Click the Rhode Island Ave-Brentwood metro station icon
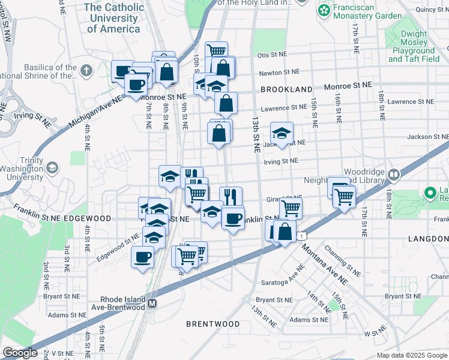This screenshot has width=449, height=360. click(x=152, y=303)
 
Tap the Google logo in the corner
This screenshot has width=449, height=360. click(x=20, y=353)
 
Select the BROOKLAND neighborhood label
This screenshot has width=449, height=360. click(x=286, y=89)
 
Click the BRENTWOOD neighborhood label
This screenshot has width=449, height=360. click(x=212, y=323)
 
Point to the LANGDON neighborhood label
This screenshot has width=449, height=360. click(x=428, y=239)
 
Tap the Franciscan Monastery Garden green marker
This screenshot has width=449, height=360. click(x=324, y=10)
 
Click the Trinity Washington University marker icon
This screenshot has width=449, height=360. click(x=52, y=167)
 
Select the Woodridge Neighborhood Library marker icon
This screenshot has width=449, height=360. click(x=394, y=175)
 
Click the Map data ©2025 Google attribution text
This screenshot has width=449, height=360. click(x=411, y=355)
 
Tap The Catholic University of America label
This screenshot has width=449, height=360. click(x=114, y=17)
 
